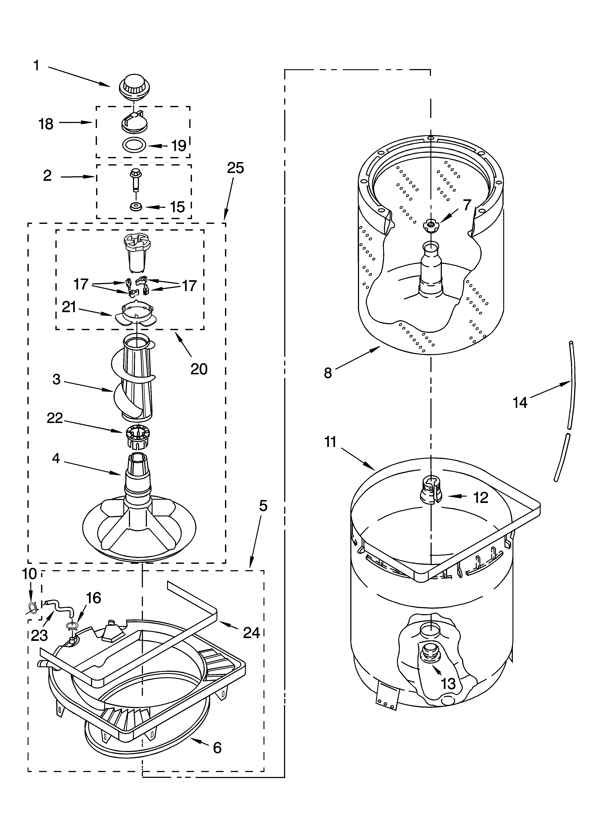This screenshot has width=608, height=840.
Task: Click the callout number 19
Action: click(179, 146)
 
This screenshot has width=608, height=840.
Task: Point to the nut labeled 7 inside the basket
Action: click(430, 225)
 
